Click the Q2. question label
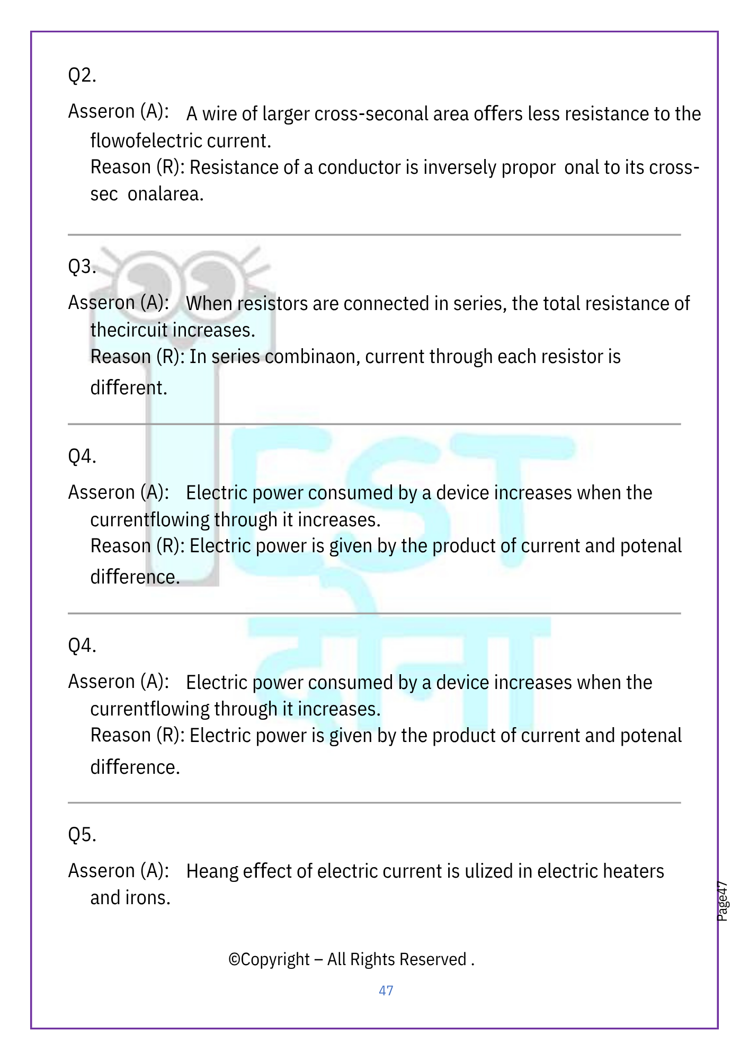pos(82,75)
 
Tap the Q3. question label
pos(82,266)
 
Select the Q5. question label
pos(82,835)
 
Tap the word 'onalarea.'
pos(165,194)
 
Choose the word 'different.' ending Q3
pos(129,387)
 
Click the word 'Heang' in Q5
pos(212,871)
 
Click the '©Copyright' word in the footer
pos(269,960)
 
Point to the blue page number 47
pos(386,991)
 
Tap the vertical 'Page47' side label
pos(723,901)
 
